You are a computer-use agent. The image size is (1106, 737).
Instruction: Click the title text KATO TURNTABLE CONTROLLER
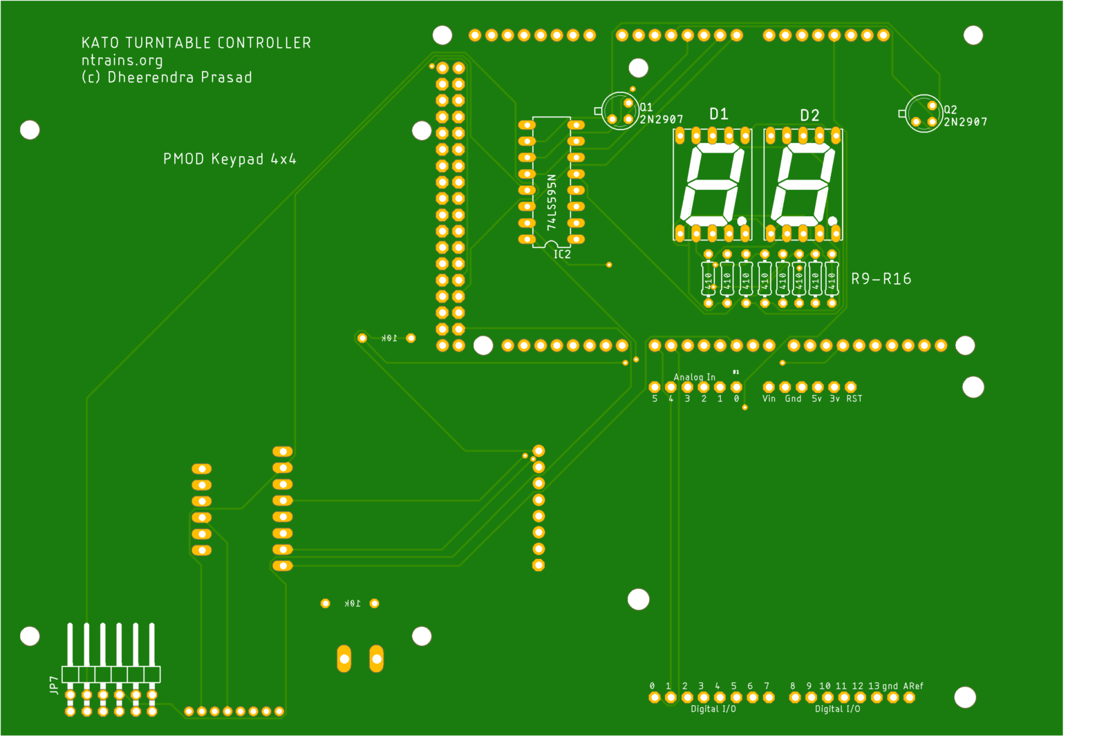[196, 43]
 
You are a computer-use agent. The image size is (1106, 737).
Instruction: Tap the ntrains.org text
[122, 60]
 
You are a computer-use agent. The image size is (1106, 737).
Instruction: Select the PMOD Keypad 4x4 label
[229, 159]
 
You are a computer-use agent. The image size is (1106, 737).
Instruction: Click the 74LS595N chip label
[551, 202]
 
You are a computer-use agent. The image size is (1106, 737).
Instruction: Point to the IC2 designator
[562, 254]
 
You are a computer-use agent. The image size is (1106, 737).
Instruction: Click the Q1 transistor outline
[619, 111]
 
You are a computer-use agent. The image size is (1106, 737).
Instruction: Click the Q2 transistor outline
[923, 113]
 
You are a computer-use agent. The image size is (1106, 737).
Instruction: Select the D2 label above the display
[809, 115]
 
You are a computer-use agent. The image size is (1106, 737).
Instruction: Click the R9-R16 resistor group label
[881, 279]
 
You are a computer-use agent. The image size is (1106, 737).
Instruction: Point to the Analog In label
[694, 377]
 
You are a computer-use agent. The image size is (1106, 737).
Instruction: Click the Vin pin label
[769, 399]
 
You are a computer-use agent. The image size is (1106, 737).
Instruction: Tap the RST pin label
[854, 399]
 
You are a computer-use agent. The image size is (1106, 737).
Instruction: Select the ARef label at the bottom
[913, 686]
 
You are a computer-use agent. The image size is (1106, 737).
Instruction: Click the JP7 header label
[54, 685]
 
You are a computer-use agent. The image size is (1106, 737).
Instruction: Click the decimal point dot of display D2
[832, 221]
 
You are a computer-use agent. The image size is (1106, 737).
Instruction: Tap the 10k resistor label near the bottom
[353, 603]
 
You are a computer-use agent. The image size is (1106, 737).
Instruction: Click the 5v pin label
[816, 399]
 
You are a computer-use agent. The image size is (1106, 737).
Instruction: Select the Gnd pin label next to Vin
[793, 399]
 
